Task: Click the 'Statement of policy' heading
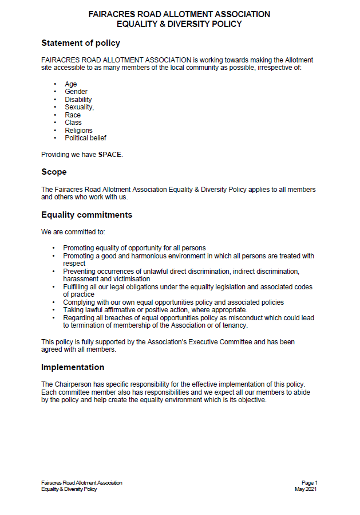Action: (80, 43)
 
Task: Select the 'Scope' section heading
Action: (54, 172)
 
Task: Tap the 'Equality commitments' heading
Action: (86, 215)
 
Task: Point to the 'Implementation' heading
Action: (73, 367)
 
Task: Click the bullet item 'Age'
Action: (70, 84)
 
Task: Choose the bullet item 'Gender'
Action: (76, 92)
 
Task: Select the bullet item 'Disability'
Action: (78, 100)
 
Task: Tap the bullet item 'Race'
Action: (73, 115)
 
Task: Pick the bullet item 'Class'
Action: (73, 123)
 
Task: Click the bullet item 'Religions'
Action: (78, 130)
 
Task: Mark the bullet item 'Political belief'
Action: (85, 138)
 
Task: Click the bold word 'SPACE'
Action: (110, 155)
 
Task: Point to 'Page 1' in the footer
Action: (309, 483)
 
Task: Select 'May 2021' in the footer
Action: (306, 489)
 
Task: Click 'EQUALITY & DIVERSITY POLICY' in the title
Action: (179, 24)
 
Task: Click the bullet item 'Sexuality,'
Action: (79, 107)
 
